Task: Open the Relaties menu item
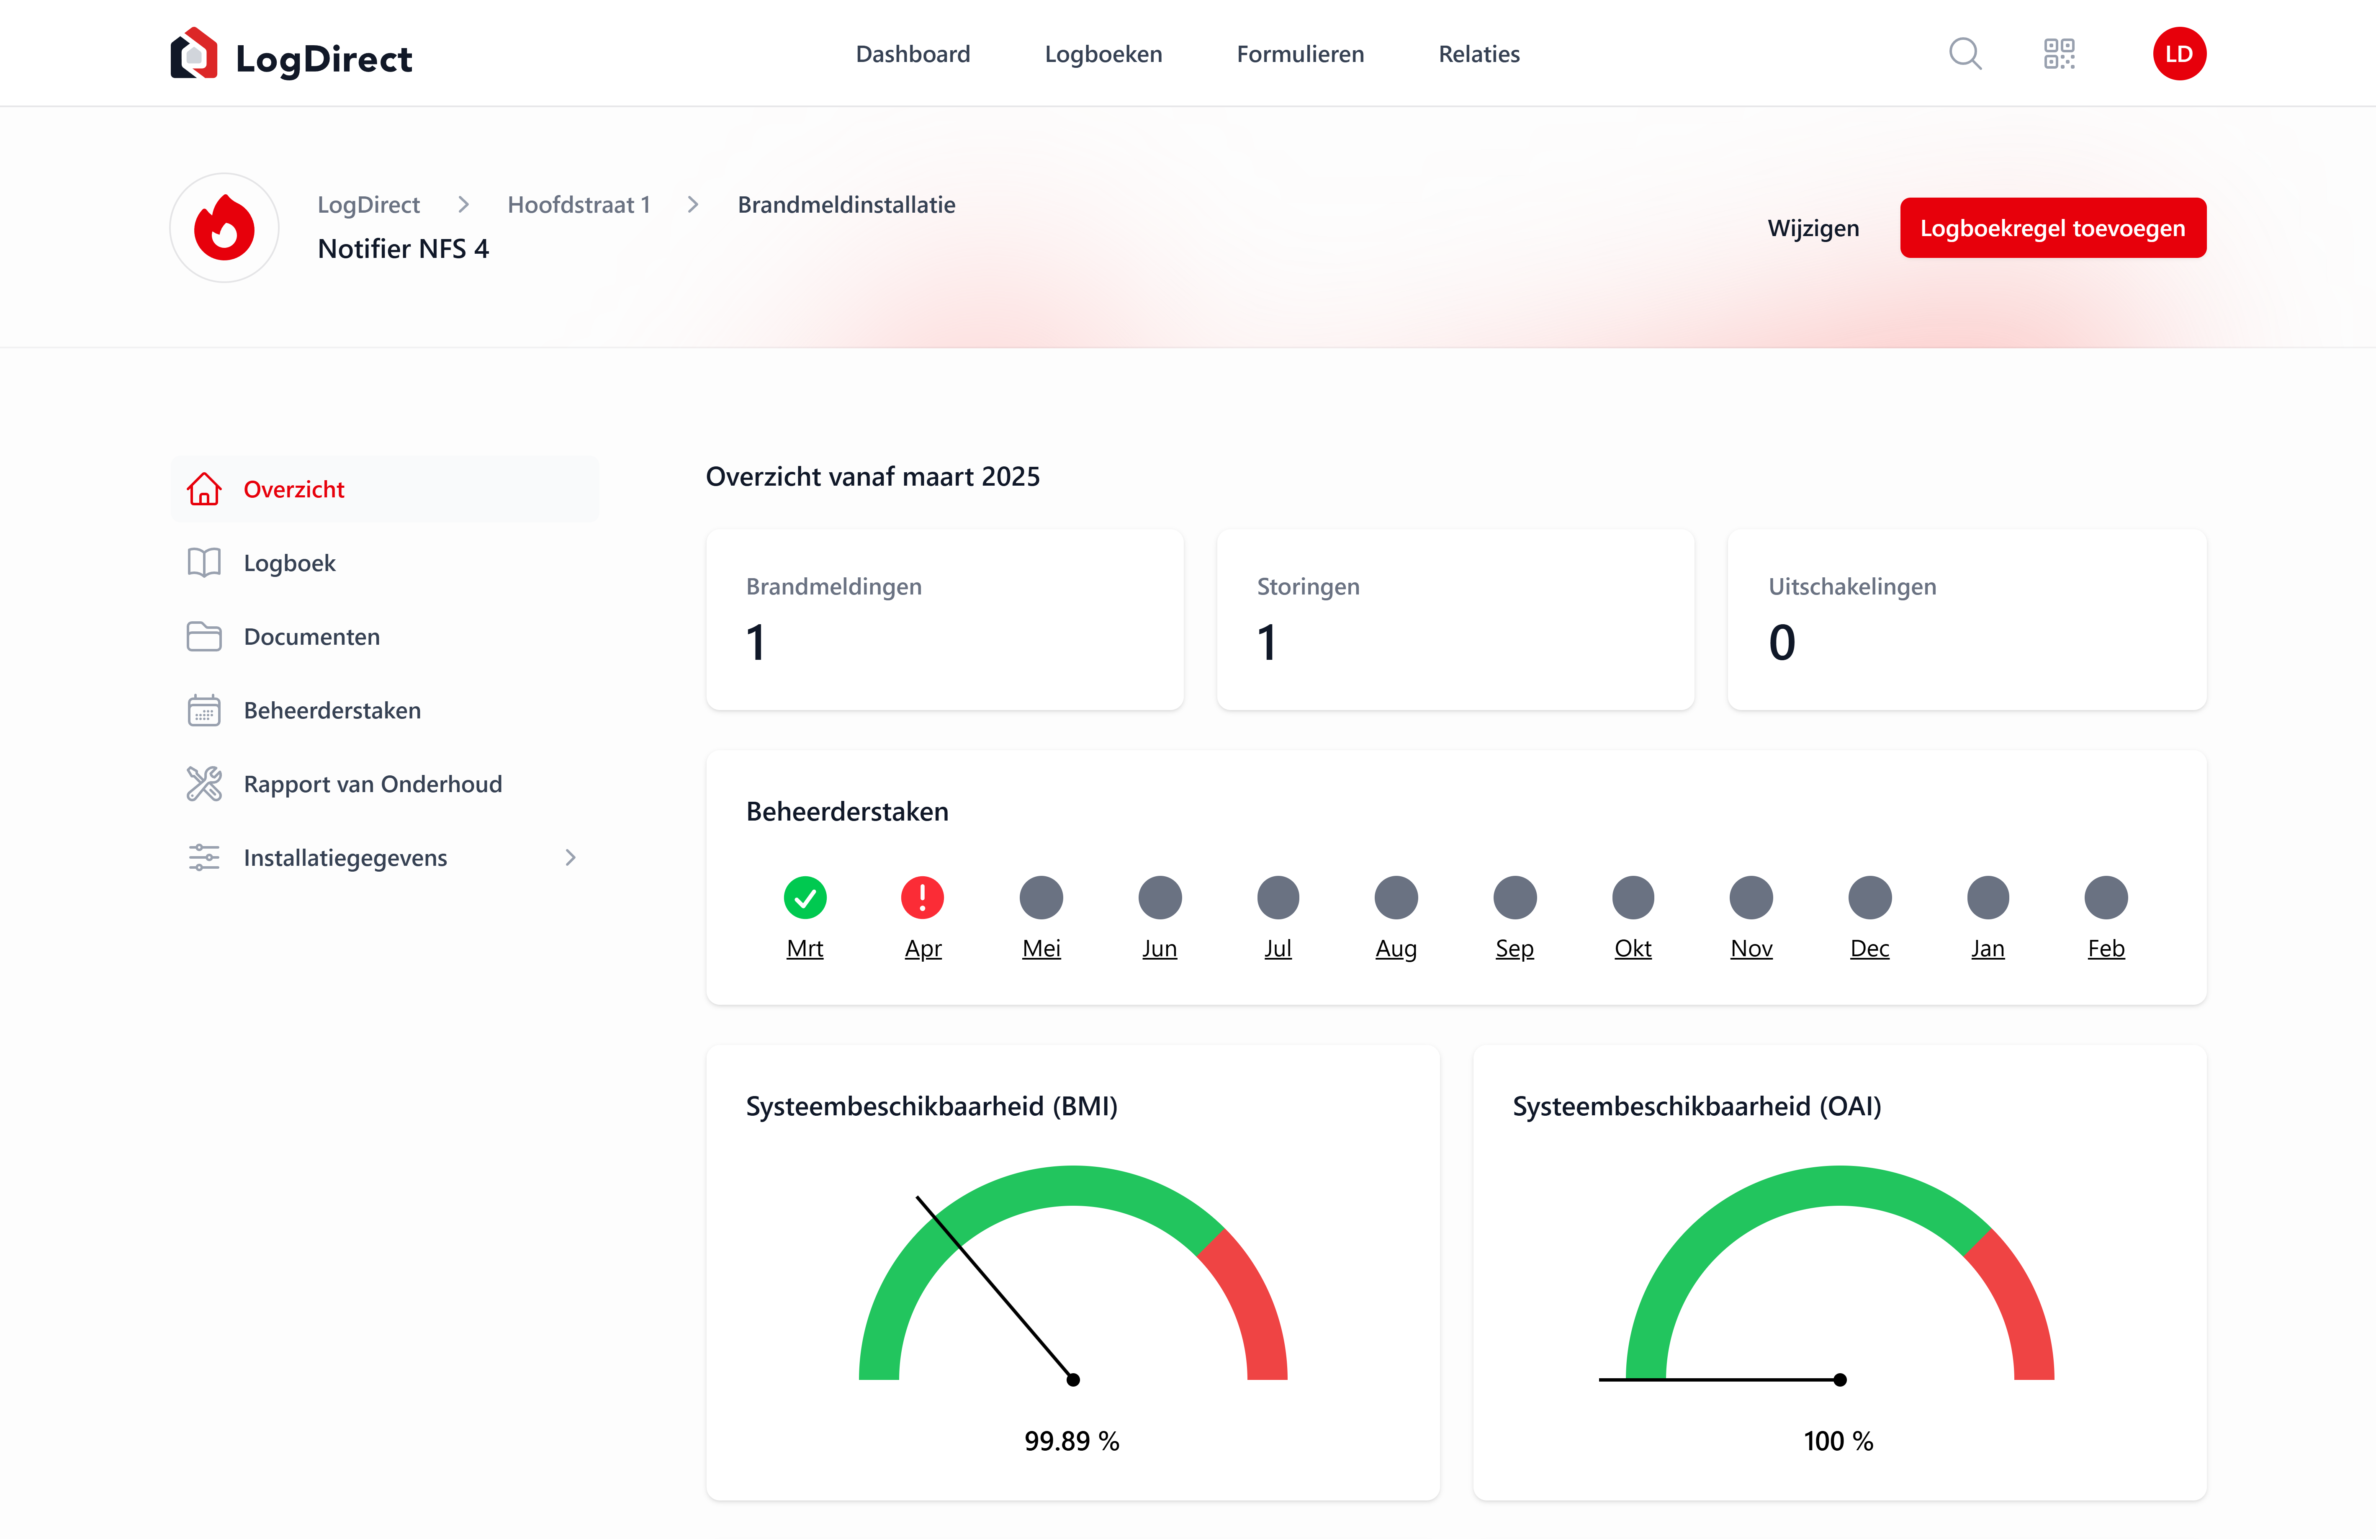(1479, 54)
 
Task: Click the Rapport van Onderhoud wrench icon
(204, 784)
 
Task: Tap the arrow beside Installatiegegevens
(570, 858)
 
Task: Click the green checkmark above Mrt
(805, 897)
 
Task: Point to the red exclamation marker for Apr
(923, 897)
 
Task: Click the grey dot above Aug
(1396, 897)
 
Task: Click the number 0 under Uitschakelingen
(1782, 642)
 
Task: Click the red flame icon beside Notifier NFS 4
(225, 228)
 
